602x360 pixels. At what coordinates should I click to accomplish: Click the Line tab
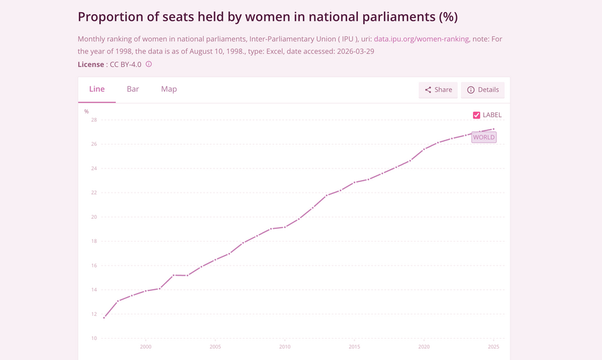point(97,89)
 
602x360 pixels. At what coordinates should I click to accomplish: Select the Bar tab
point(133,89)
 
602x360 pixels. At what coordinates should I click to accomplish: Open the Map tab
point(169,89)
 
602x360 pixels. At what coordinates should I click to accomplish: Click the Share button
point(438,90)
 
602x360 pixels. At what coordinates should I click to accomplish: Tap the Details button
point(482,90)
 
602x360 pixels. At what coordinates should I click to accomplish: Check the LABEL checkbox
point(476,115)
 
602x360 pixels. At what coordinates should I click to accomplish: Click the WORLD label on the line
point(484,137)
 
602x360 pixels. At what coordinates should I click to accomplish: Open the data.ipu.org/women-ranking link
point(421,39)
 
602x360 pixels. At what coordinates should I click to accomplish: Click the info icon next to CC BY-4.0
point(148,64)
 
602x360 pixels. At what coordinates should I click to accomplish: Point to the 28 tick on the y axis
point(94,120)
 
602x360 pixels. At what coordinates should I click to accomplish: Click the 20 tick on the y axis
point(94,217)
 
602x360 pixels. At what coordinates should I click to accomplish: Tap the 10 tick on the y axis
point(94,339)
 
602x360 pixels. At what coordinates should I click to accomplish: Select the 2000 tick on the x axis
point(146,347)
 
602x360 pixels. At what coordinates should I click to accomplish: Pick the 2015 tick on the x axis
point(355,347)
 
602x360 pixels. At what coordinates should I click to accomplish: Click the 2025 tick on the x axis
point(494,347)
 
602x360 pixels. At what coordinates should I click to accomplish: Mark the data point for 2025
point(494,129)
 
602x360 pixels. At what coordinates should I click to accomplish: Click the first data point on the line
point(104,318)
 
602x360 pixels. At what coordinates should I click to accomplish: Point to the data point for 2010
point(285,227)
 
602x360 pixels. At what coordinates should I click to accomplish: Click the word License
point(90,64)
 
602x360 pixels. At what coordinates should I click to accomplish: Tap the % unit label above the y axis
point(86,112)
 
